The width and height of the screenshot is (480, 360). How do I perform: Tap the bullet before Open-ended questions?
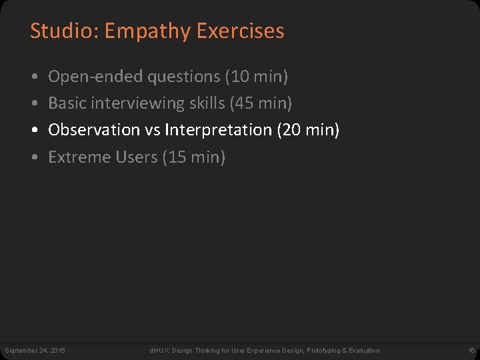33,77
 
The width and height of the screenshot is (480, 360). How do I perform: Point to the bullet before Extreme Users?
33,158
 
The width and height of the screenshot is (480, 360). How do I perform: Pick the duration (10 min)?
257,77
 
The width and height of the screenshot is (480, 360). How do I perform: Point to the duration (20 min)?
308,130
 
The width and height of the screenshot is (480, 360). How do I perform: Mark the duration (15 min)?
194,157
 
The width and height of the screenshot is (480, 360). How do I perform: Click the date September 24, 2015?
35,351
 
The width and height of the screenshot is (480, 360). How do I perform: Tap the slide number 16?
471,351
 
